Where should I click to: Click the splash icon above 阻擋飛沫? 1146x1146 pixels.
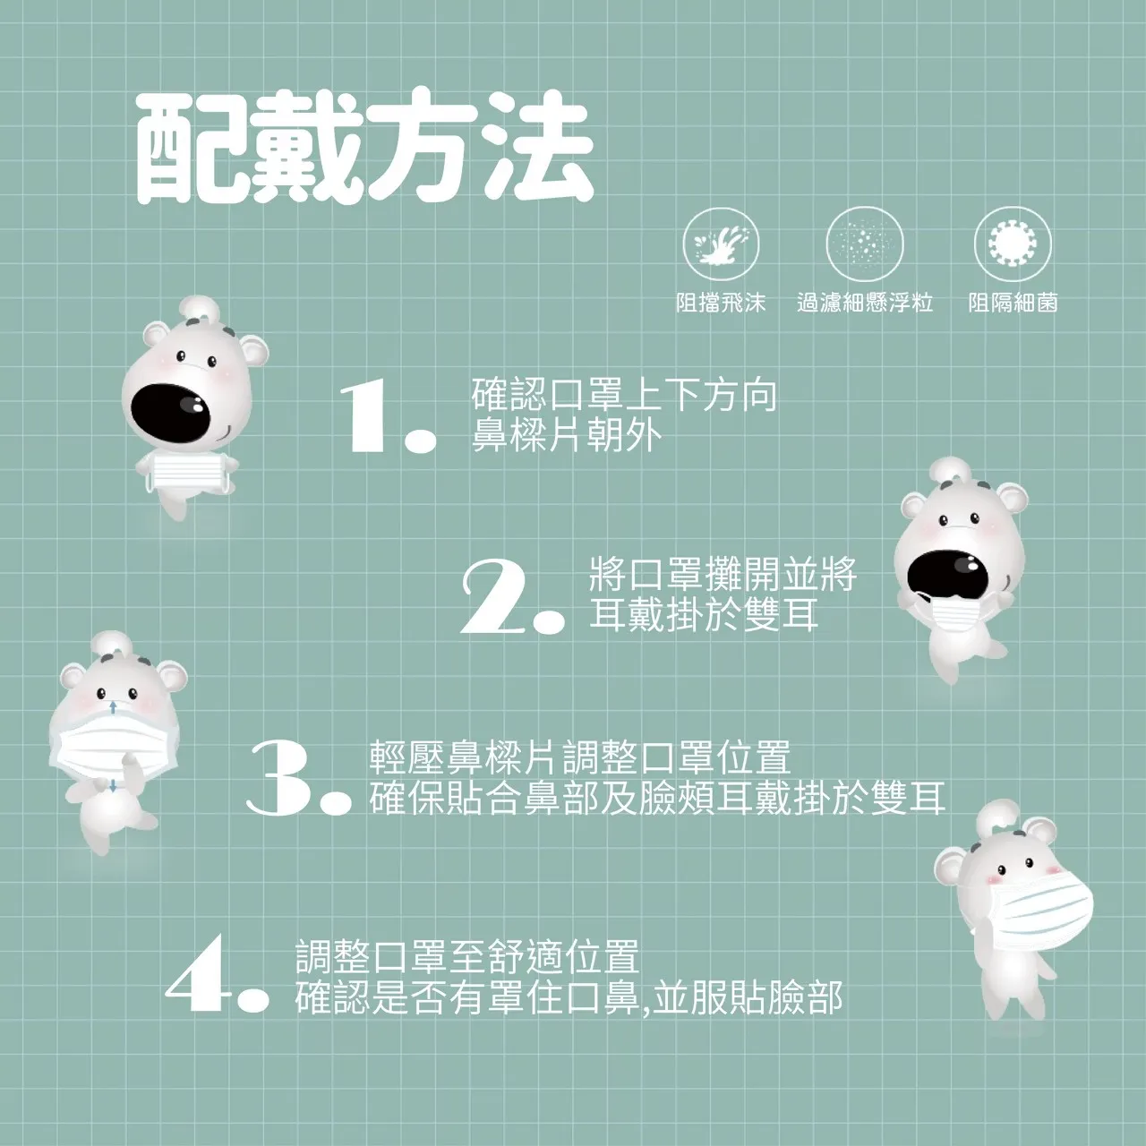tap(721, 244)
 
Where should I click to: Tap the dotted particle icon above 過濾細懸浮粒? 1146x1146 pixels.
tap(865, 244)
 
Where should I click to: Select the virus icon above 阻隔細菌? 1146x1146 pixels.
tap(1013, 244)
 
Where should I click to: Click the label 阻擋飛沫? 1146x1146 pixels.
tap(721, 303)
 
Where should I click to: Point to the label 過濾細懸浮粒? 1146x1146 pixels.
tap(865, 303)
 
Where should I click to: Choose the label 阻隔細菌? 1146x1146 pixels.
tap(1013, 303)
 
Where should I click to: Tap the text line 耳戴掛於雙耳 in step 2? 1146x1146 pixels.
tap(704, 614)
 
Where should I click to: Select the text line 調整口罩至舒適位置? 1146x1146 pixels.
tap(467, 955)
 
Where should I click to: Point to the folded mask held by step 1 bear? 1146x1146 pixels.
tap(188, 472)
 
